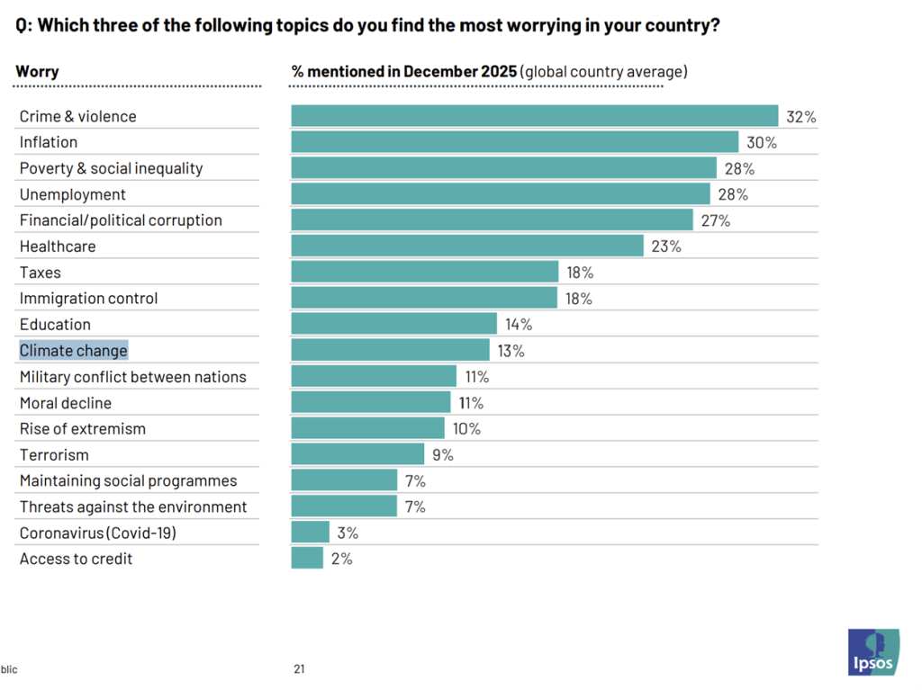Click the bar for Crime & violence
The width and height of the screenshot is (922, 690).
coord(534,116)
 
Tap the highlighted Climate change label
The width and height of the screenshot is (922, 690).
coord(74,350)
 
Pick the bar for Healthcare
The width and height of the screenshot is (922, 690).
coord(467,246)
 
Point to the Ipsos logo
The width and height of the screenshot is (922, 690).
coord(872,652)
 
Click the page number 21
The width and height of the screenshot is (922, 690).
coord(299,668)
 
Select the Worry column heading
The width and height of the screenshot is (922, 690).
coord(37,71)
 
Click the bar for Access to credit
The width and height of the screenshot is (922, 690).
coord(307,559)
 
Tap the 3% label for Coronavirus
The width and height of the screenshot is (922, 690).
coord(348,533)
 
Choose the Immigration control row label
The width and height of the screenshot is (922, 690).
coord(88,298)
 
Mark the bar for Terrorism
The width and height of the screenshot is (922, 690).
coord(357,454)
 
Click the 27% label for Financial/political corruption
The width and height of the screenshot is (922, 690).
coord(715,220)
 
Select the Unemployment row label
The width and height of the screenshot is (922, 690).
coord(73,194)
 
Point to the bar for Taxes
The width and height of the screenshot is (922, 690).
coord(424,272)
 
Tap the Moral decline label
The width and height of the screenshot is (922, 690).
coord(78,402)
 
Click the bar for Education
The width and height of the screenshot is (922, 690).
coord(393,324)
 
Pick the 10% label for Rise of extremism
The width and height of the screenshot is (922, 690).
coord(466,428)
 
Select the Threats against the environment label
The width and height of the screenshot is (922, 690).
coord(133,506)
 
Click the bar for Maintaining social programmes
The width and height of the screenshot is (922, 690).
coord(344,480)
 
